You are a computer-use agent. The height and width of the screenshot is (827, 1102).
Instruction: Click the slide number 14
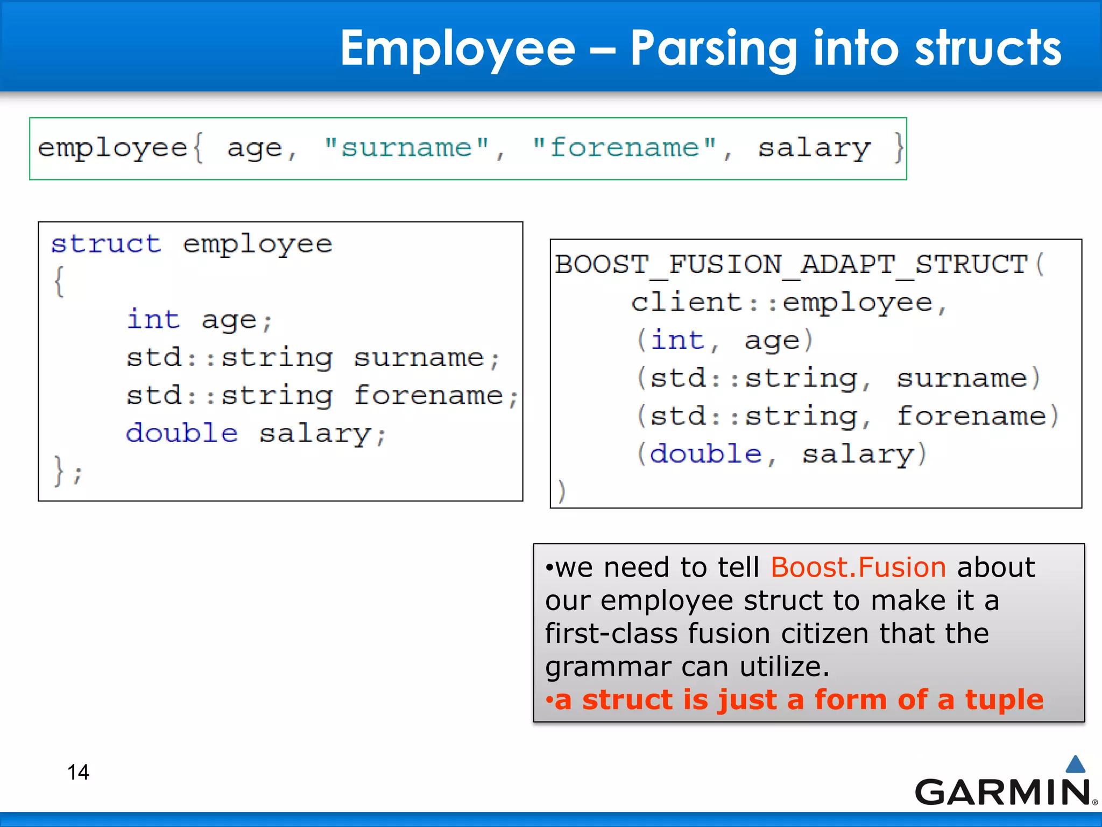(78, 772)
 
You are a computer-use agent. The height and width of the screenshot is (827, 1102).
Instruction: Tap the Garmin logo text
(1002, 793)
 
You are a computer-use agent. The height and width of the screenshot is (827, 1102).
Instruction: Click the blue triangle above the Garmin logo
(1075, 764)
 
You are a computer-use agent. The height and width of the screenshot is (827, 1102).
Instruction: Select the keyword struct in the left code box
(106, 244)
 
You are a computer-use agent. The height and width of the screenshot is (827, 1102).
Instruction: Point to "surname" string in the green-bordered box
(407, 147)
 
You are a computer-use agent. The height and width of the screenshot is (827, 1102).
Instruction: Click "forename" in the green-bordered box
(624, 147)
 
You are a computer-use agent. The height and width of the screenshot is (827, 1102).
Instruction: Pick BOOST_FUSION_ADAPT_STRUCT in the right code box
(792, 265)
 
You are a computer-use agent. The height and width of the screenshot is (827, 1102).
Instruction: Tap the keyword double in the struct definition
(182, 433)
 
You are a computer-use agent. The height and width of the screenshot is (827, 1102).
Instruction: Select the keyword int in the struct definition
(153, 319)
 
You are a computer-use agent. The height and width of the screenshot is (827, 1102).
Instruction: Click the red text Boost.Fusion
(858, 567)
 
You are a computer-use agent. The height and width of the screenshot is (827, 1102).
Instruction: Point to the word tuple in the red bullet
(1004, 699)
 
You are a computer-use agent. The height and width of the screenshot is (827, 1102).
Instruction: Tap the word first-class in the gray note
(611, 633)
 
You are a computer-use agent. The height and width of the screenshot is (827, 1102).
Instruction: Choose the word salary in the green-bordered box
(814, 148)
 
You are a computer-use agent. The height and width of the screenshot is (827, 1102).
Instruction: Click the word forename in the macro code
(971, 416)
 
